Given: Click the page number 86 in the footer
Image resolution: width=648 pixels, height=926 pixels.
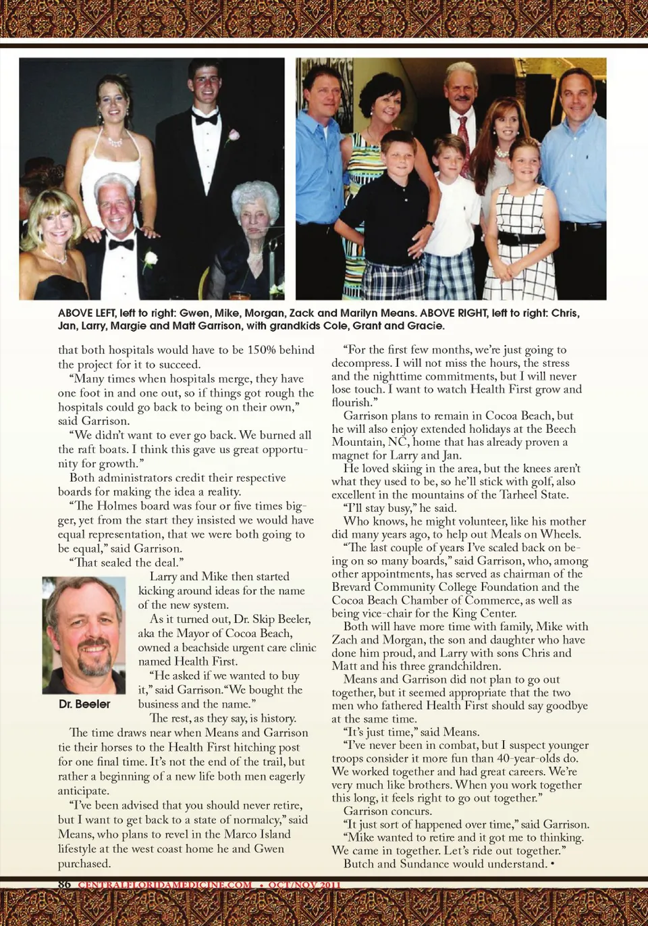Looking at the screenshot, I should click(64, 884).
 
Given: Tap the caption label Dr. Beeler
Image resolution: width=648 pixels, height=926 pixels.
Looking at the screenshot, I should click(84, 704).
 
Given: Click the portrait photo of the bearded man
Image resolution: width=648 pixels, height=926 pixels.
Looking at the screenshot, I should click(84, 635).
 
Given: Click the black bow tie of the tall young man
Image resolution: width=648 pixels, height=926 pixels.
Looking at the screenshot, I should click(205, 118).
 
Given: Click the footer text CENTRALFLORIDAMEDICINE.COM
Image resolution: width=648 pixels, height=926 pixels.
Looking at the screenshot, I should click(165, 884).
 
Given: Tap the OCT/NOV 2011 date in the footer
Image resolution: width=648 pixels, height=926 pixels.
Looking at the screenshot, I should click(304, 884).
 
